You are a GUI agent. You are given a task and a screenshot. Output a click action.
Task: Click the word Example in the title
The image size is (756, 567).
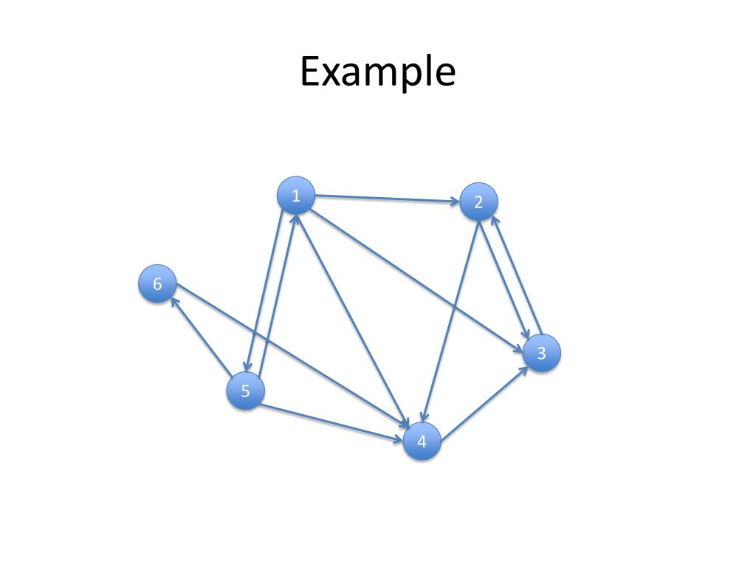click(x=377, y=72)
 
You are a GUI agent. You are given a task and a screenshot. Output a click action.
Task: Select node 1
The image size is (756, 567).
click(x=296, y=196)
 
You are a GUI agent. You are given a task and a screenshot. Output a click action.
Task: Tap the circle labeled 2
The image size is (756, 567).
click(x=478, y=202)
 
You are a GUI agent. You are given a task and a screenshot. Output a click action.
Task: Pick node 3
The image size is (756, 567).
click(x=541, y=354)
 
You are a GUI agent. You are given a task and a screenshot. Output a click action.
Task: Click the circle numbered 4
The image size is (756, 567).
click(x=422, y=441)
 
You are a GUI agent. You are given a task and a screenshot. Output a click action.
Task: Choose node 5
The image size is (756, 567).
click(x=245, y=391)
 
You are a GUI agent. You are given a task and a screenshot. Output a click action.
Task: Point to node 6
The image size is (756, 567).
click(x=157, y=284)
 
